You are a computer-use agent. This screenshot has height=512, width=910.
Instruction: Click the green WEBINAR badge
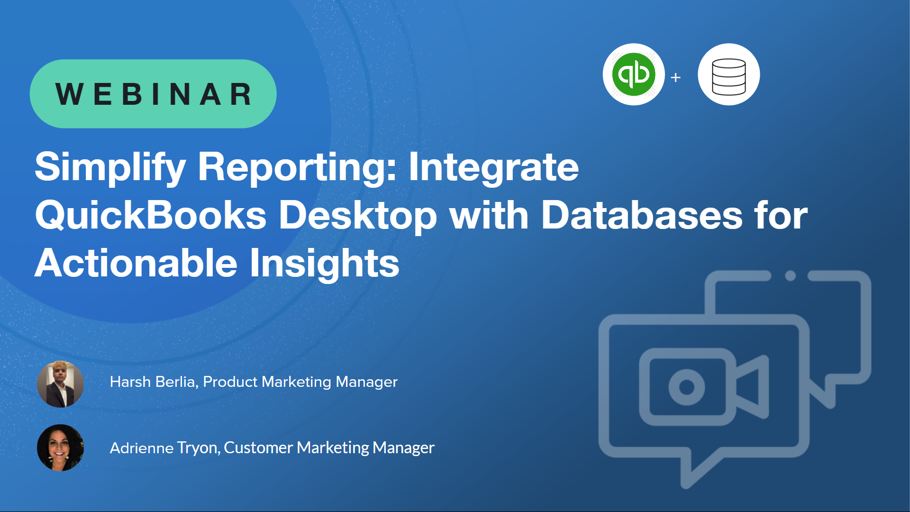pos(153,94)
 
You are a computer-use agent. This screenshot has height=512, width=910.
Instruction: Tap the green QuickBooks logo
pos(634,74)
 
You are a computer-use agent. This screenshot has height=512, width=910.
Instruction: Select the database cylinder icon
pos(729,76)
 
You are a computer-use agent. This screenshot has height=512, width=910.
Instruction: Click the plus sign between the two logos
pos(676,77)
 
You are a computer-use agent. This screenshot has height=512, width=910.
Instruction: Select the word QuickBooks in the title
pos(151,215)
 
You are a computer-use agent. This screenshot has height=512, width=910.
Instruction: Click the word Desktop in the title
pos(358,216)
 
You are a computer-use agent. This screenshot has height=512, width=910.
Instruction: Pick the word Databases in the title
pos(642,215)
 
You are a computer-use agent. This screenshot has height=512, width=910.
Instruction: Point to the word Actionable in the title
pos(136,263)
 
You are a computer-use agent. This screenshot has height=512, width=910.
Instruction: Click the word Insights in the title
pos(325,264)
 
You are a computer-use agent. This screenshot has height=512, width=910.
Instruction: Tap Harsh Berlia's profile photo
pos(60,384)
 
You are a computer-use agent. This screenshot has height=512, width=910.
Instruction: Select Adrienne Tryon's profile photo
pos(60,448)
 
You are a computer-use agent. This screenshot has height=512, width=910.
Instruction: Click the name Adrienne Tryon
pos(165,448)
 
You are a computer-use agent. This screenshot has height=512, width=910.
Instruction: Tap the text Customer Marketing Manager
pos(329,448)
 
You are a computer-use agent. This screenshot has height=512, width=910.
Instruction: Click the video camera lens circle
pos(687,387)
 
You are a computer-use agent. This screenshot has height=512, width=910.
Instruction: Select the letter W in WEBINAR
pos(70,94)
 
